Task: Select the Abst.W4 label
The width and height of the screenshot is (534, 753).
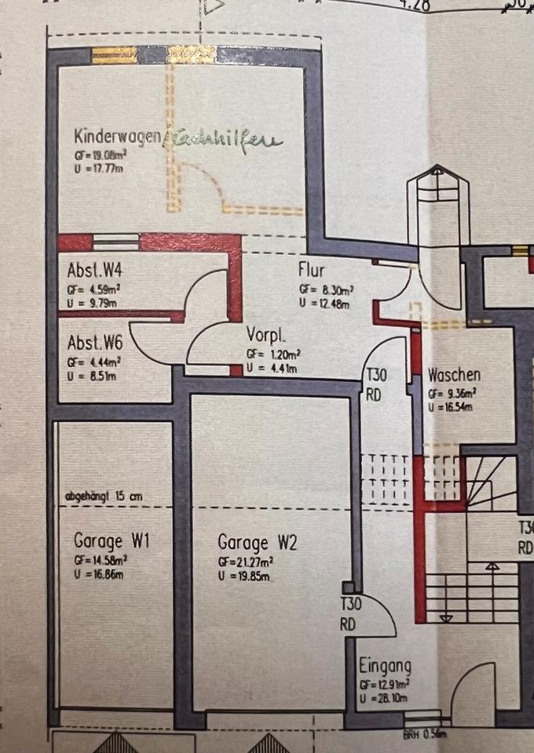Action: tap(99, 272)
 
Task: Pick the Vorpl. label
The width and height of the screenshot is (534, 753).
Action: tap(265, 333)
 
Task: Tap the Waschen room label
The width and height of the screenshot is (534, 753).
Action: tap(455, 375)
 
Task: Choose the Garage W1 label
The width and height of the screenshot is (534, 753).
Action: tap(112, 541)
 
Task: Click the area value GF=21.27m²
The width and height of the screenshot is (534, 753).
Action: tap(245, 562)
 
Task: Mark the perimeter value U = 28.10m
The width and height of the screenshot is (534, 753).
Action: tap(384, 697)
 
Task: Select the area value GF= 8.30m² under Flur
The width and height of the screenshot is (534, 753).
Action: tap(326, 289)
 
